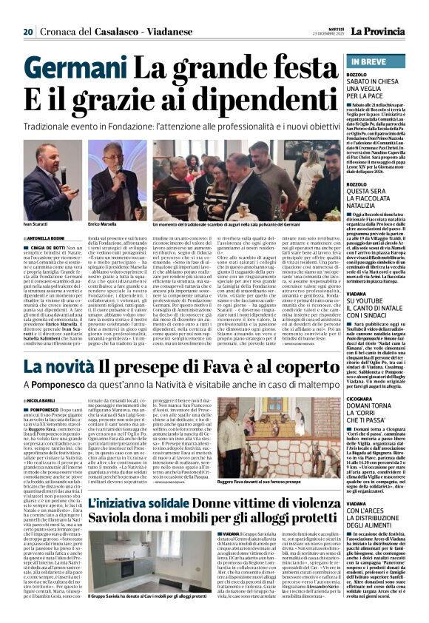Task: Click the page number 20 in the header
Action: (28, 11)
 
